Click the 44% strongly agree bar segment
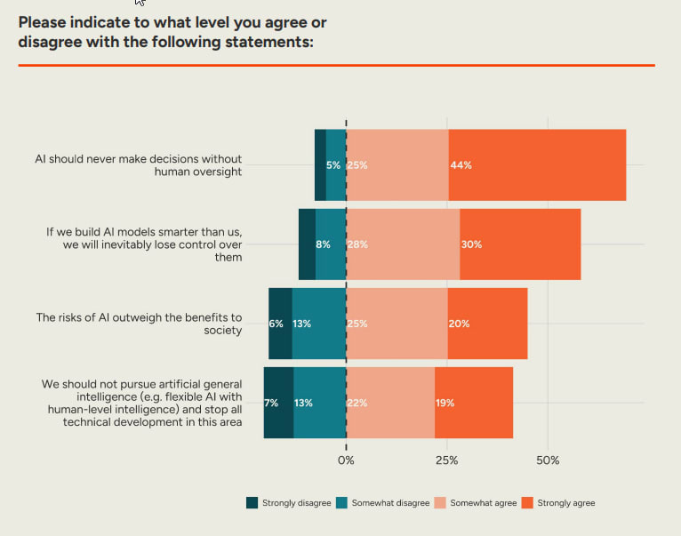coord(537,165)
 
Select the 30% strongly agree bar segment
coord(520,244)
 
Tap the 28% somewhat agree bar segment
coord(403,244)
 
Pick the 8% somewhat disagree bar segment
coord(331,244)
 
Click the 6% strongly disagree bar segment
coord(280,324)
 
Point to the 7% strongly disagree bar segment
coord(278,403)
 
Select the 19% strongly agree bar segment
coord(474,403)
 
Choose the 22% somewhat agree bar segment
coord(390,403)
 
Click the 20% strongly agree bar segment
coord(487,324)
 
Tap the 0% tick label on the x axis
coord(346,460)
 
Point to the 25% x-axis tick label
coord(447,460)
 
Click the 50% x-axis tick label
coord(548,460)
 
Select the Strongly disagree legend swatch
coord(252,503)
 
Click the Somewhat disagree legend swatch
coord(340,503)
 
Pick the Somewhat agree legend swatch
coord(438,503)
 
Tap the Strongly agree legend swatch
coord(527,503)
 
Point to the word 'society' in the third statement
coord(222,330)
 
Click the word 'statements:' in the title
coord(267,42)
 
